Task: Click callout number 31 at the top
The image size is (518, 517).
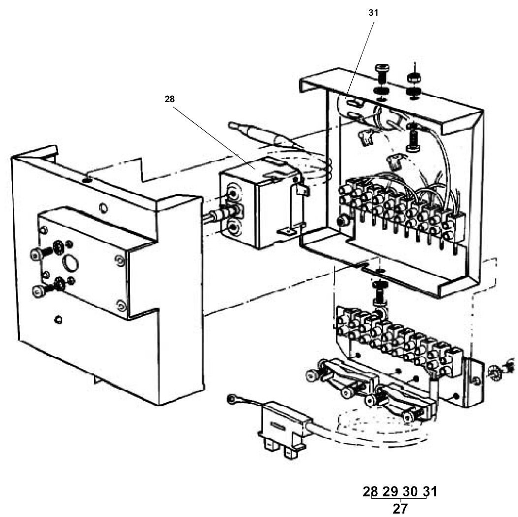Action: pos(373,13)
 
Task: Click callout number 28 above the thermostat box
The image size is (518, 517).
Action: pos(170,99)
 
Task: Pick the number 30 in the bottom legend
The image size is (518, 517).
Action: pos(410,491)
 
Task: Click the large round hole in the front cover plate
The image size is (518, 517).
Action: pos(72,263)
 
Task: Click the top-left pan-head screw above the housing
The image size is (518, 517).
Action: pos(382,70)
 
